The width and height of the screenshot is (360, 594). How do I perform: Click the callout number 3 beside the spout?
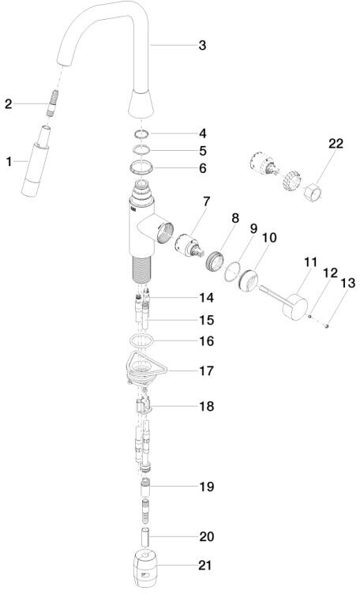click(x=202, y=46)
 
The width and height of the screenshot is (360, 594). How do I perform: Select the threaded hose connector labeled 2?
click(x=53, y=103)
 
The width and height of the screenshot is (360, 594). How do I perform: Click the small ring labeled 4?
click(x=141, y=133)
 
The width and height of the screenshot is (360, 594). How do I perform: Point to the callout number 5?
click(x=203, y=151)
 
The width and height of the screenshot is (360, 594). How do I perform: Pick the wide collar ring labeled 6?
click(x=141, y=167)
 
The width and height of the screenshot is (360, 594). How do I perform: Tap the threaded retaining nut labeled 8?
click(x=215, y=260)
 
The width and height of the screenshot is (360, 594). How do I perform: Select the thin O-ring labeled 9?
click(x=232, y=272)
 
